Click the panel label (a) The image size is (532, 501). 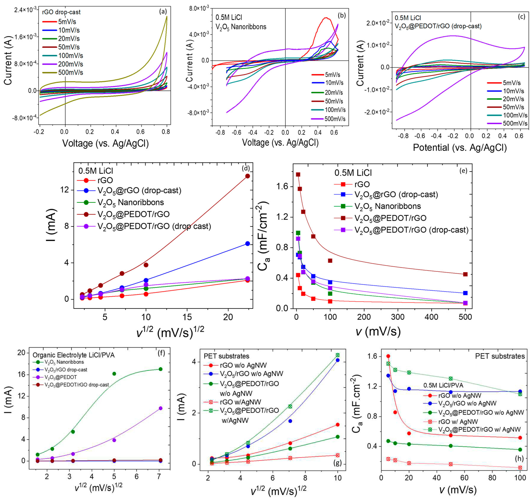[x=163, y=11]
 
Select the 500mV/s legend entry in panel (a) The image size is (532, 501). [x=70, y=72]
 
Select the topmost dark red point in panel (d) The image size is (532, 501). [x=248, y=176]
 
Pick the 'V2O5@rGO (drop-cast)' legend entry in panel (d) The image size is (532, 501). [x=139, y=190]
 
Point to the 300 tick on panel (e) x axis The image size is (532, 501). [x=398, y=317]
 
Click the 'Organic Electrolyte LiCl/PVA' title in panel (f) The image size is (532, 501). [x=73, y=355]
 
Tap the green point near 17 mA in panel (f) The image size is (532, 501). [x=161, y=369]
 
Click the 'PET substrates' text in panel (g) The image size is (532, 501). [x=226, y=356]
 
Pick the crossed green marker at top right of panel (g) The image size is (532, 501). [x=338, y=355]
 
